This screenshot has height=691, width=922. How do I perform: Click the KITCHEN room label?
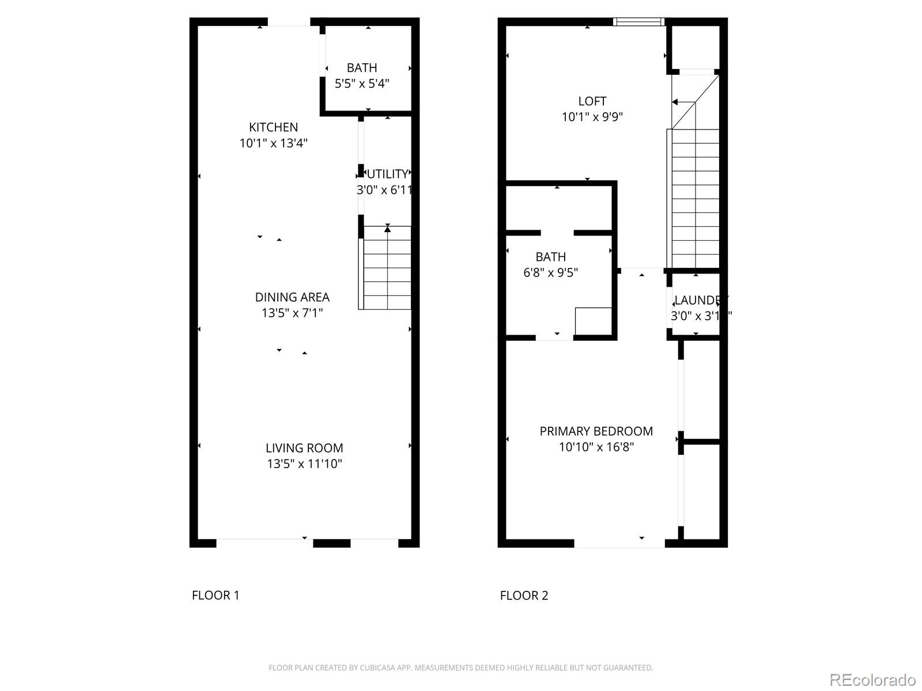click(273, 127)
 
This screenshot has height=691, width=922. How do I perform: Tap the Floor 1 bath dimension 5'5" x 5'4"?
click(362, 83)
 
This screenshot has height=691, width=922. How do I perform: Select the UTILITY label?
click(387, 174)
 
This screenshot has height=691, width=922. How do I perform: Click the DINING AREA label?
click(292, 297)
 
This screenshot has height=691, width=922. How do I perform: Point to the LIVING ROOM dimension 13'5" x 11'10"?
click(304, 464)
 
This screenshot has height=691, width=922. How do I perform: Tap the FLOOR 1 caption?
click(216, 595)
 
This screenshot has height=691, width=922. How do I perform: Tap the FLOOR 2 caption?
click(524, 595)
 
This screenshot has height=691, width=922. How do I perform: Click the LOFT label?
click(592, 101)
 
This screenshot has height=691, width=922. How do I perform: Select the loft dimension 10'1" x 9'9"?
click(592, 117)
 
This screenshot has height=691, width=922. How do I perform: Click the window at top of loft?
click(638, 22)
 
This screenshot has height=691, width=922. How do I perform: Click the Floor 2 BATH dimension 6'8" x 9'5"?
click(550, 272)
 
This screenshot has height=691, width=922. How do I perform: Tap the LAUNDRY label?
click(698, 300)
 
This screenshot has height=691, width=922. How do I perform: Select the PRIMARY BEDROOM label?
click(596, 431)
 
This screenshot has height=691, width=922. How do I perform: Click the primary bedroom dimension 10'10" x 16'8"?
click(596, 447)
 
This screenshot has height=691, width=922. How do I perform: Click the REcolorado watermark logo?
click(872, 679)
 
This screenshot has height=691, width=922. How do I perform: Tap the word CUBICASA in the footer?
click(377, 668)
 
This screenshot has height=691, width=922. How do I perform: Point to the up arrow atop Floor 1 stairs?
click(388, 229)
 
